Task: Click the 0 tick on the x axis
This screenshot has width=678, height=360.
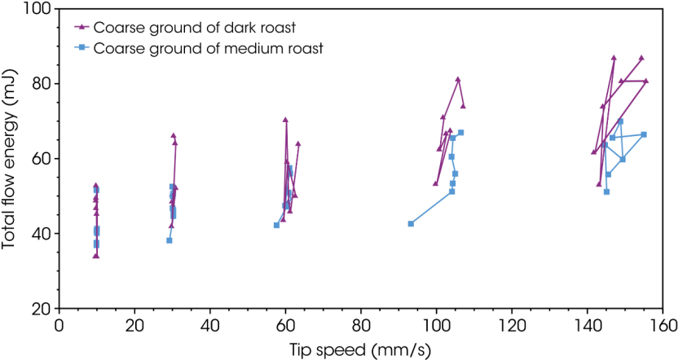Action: pos(59,324)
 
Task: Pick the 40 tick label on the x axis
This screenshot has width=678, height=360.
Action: pos(210,324)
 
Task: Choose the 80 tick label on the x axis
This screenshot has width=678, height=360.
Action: pos(361,324)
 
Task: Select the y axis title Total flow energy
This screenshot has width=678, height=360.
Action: pos(11,159)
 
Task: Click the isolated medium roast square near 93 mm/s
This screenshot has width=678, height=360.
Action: pos(411,223)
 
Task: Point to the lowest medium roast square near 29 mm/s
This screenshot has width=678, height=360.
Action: pos(169,240)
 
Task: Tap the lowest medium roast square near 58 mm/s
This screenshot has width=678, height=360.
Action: pos(276,225)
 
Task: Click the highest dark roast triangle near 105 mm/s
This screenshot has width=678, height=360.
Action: pos(458,79)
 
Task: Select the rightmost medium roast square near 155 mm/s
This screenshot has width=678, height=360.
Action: pos(644,134)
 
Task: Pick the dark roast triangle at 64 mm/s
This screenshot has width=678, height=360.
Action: pos(298,144)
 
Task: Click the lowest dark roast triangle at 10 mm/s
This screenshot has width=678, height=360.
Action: pos(96,256)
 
